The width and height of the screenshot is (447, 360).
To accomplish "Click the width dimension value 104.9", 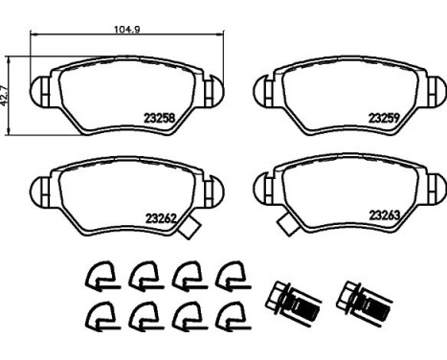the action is (127, 30).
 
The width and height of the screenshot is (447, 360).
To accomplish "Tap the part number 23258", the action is (160, 119).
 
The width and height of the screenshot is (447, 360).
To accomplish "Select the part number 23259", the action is (384, 118).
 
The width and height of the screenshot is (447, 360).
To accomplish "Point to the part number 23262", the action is (161, 218).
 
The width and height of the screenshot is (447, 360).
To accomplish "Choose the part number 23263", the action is (385, 215).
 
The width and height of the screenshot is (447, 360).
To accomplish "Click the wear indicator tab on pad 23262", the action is (190, 227).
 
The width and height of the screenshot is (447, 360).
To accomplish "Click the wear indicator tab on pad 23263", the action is (288, 224).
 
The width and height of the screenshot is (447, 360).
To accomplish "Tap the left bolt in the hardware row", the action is (292, 299).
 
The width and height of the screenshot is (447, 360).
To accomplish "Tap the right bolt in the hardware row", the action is (364, 299).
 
